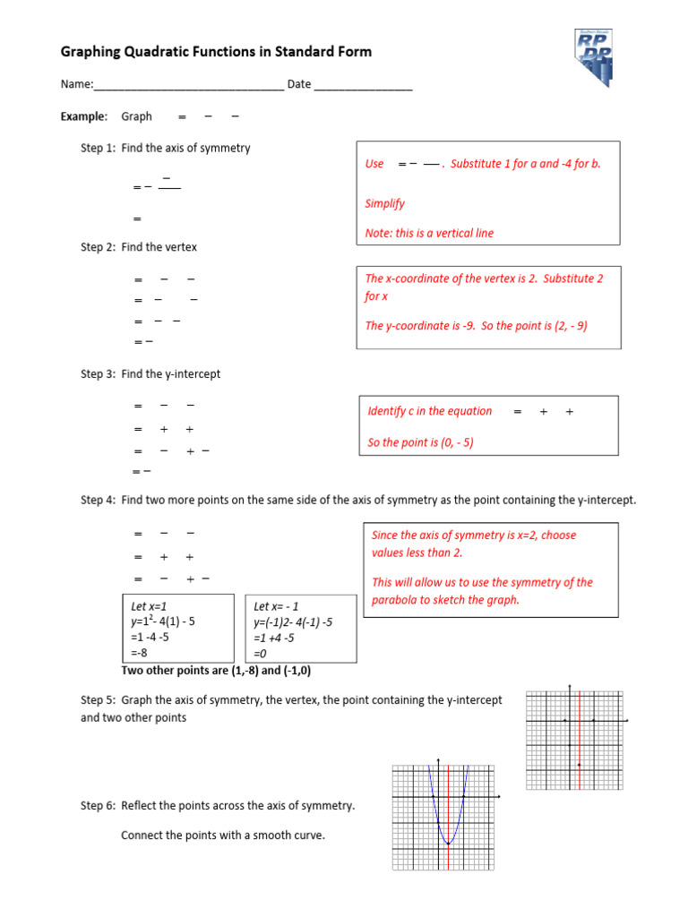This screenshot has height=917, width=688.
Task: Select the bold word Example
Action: point(83,116)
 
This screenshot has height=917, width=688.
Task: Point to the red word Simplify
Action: point(385,203)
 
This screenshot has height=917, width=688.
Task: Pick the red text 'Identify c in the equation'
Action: point(430,411)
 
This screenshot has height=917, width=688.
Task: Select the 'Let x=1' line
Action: point(150,606)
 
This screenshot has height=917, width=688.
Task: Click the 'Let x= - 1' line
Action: point(277,606)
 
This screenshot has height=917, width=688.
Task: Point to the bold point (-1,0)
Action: point(302,670)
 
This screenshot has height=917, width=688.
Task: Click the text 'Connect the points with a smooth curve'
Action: point(223,836)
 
